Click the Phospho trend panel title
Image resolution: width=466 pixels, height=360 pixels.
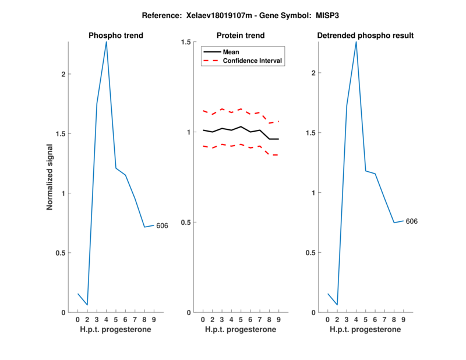coord(115,36)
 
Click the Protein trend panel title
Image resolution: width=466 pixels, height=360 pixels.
coord(241,36)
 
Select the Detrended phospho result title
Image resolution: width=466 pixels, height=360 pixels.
coord(365,36)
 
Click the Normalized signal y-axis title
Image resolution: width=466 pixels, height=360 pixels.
coord(50,177)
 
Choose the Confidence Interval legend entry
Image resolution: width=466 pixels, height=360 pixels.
coord(253,61)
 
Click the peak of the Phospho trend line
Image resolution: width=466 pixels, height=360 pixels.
coord(106,42)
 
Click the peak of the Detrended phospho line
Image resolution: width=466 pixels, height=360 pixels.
coord(356,42)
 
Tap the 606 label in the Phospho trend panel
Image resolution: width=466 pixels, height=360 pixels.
coord(162,225)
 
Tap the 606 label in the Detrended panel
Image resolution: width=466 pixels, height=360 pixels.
coord(411,221)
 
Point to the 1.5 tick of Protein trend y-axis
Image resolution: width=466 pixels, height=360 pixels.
coord(186,42)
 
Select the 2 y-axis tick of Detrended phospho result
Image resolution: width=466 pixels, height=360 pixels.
coord(312,73)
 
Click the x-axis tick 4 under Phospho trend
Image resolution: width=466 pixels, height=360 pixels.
coord(106,320)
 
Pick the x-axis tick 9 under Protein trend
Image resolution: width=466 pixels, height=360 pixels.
coord(278,320)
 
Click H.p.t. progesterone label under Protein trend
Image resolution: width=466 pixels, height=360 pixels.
coord(241,330)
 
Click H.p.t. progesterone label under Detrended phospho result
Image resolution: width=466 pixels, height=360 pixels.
coord(365,330)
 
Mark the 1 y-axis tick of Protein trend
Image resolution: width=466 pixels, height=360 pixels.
coord(189,132)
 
